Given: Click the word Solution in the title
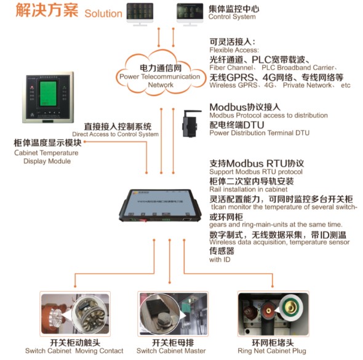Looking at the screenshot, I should click(x=103, y=13).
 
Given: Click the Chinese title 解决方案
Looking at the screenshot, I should click(x=41, y=11).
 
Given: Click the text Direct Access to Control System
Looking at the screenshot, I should click(x=115, y=134).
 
